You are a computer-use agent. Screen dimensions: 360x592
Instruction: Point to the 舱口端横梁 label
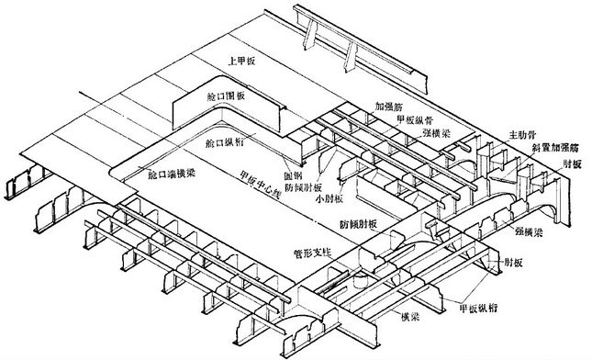pyautogui.click(x=172, y=172)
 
